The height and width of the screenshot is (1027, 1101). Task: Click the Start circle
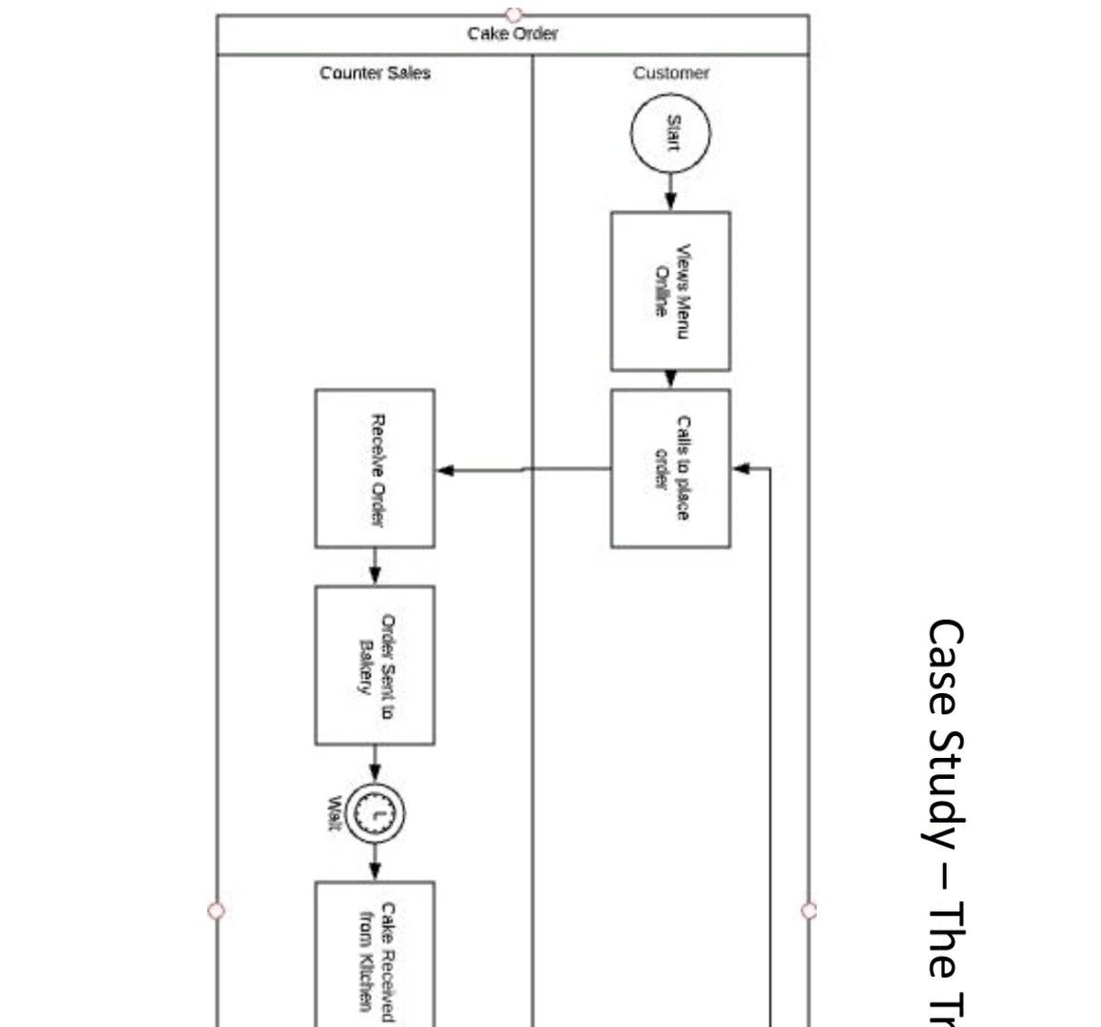[x=670, y=134]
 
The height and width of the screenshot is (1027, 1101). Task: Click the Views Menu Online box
[x=670, y=291]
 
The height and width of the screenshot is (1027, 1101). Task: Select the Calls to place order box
[x=670, y=468]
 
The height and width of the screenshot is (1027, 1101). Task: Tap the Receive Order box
[x=375, y=468]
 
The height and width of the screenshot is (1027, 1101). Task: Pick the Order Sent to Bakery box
[x=375, y=665]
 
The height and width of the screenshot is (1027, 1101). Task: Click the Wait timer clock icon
[x=376, y=813]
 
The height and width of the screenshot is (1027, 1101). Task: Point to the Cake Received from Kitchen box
[x=375, y=956]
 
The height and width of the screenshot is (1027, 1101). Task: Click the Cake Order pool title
[x=512, y=34]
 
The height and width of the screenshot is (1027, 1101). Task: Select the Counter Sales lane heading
[x=375, y=73]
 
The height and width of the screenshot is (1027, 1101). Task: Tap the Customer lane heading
[x=670, y=73]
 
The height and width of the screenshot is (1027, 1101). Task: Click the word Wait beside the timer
[x=334, y=813]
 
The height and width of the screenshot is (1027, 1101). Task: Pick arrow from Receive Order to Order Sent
[x=375, y=568]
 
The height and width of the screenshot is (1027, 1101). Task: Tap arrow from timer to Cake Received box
[x=375, y=862]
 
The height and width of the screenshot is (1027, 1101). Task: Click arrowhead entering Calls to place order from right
[x=742, y=468]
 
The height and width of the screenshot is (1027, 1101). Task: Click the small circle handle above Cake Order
[x=513, y=14]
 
